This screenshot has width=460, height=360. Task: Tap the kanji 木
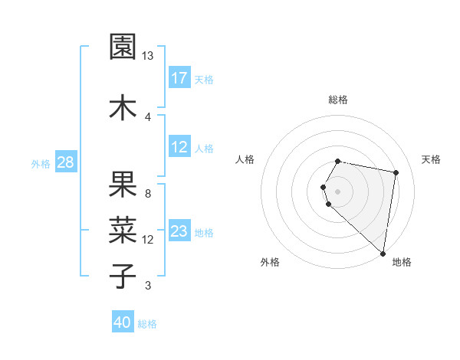[123, 106]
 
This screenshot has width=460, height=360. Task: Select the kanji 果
[123, 185]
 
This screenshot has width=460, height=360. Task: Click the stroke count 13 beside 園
[147, 56]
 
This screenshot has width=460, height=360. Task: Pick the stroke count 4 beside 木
[147, 116]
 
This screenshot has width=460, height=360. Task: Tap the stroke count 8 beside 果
[147, 194]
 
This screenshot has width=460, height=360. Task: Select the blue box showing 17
[179, 78]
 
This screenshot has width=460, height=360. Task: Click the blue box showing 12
[179, 148]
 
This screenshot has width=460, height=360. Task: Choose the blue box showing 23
[179, 232]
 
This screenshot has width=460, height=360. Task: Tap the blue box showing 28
[65, 162]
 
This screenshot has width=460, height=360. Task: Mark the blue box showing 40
[123, 322]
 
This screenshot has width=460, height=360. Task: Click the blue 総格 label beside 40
[147, 324]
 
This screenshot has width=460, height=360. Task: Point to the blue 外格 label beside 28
[41, 163]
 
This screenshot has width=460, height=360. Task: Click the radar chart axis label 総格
[338, 100]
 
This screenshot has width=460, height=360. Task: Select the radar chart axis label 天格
[431, 159]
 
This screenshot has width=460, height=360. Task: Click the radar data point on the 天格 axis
[396, 172]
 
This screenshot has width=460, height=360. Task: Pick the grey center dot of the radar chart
[338, 191]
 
